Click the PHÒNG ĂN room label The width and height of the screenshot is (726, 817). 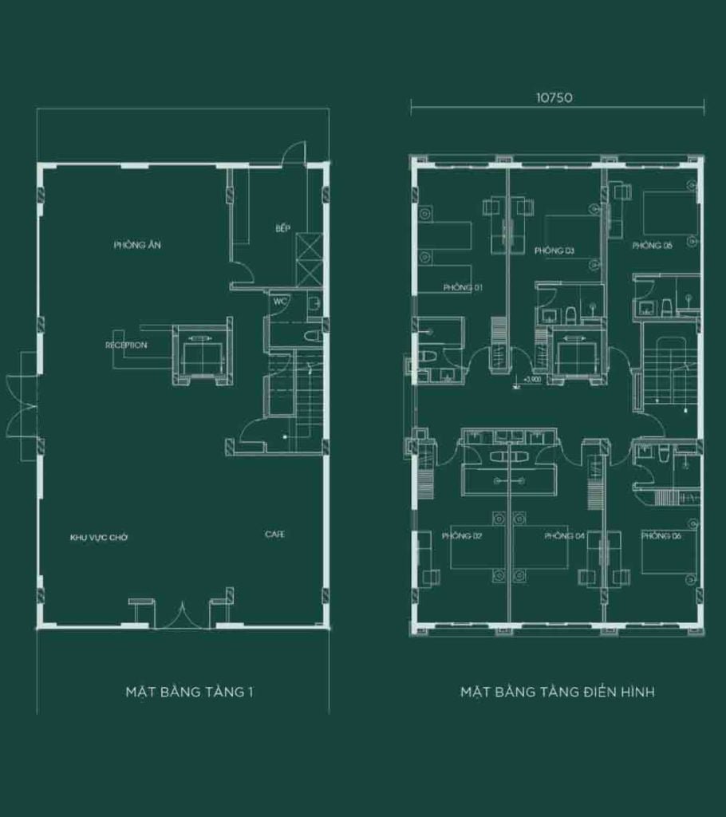pos(137,245)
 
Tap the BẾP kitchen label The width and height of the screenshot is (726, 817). pos(282,229)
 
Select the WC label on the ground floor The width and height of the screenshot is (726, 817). pos(280,302)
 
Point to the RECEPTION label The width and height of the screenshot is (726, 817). pos(126,345)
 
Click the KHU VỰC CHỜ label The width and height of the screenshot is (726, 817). pos(99,538)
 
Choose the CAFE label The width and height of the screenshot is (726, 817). pos(274,535)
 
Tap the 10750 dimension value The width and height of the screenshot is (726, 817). pos(557,98)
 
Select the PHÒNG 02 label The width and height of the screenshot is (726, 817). pos(462,536)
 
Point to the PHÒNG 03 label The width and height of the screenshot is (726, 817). pos(554,251)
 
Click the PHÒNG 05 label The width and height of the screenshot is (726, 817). pos(653,246)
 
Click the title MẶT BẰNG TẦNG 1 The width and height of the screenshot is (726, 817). pos(189,692)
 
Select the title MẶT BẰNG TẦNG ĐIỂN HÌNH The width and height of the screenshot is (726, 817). pos(557,692)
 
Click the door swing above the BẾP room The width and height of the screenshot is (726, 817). pos(294,152)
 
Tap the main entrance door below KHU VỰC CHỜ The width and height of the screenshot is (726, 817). pos(181,616)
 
